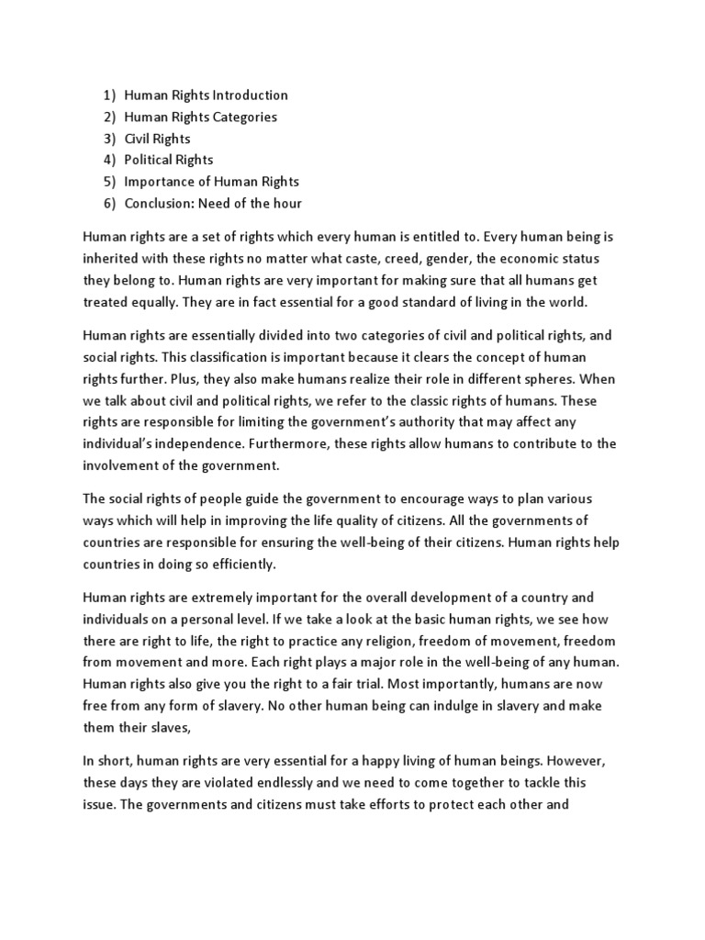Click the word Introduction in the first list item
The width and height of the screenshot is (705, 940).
(250, 95)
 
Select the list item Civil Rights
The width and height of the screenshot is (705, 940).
(157, 139)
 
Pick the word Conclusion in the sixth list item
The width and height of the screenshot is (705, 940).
(157, 203)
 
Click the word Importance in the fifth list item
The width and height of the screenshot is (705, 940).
(161, 182)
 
